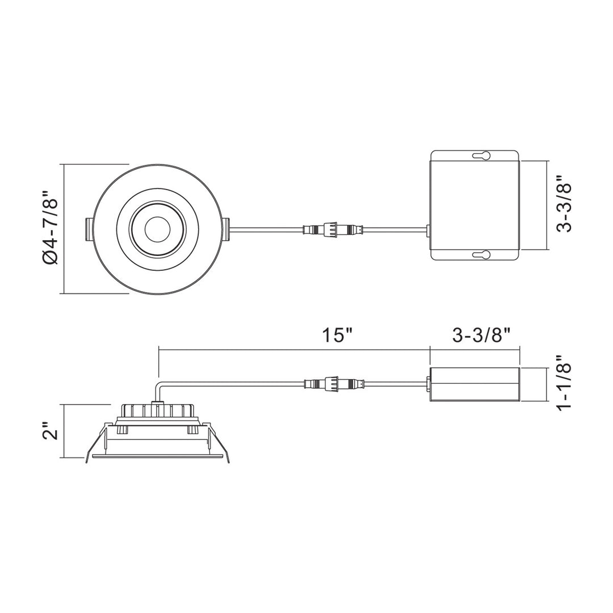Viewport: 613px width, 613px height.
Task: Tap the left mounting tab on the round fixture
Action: [89, 229]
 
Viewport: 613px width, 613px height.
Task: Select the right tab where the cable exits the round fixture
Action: [226, 229]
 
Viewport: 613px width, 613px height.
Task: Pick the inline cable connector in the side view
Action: [333, 384]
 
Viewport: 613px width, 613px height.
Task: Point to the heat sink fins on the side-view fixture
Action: [159, 410]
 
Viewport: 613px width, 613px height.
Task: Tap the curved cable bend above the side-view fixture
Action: [159, 389]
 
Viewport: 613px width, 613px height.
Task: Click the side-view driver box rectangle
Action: [475, 385]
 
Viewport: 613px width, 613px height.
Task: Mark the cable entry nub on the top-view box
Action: [427, 230]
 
